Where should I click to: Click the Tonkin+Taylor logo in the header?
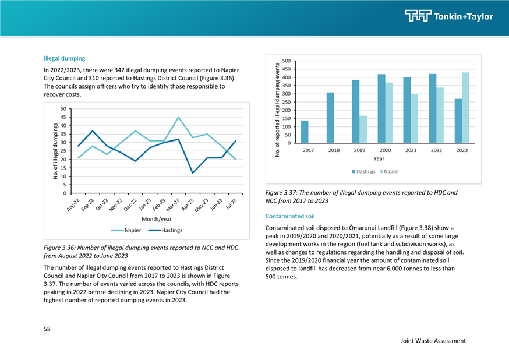pyautogui.click(x=448, y=16)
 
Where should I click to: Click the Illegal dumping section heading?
pyautogui.click(x=64, y=58)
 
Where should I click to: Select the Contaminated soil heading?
pyautogui.click(x=290, y=216)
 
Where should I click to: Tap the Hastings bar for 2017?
pyautogui.click(x=305, y=132)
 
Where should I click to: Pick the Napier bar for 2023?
pyautogui.click(x=465, y=108)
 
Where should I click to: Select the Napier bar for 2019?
pyautogui.click(x=363, y=129)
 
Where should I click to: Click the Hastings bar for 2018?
pyautogui.click(x=330, y=118)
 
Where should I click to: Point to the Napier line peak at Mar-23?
pyautogui.click(x=178, y=117)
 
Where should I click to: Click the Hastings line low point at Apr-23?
pyautogui.click(x=193, y=172)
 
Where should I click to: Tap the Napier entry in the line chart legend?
pyautogui.click(x=126, y=230)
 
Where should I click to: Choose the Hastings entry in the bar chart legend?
pyautogui.click(x=363, y=171)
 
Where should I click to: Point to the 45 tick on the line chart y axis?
pyautogui.click(x=63, y=117)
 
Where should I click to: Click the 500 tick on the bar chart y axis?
pyautogui.click(x=287, y=61)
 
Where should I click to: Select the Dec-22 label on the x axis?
pyautogui.click(x=130, y=204)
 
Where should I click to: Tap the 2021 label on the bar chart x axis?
pyautogui.click(x=411, y=150)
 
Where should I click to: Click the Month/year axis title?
pyautogui.click(x=157, y=219)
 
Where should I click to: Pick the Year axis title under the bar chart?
pyautogui.click(x=379, y=158)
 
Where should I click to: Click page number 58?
pyautogui.click(x=47, y=329)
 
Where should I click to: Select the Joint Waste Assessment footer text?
pyautogui.click(x=433, y=341)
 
